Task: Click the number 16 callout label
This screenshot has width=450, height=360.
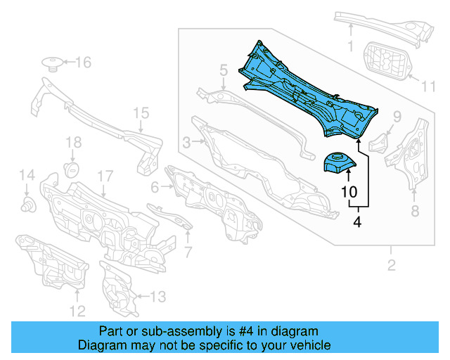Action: [83, 63]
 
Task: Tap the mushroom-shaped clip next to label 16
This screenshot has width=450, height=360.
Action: [52, 64]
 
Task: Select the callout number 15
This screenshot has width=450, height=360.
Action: [141, 112]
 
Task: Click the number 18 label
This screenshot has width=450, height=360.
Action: [74, 143]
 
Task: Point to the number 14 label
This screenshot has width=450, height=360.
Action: [26, 175]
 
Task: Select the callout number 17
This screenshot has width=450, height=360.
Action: [105, 175]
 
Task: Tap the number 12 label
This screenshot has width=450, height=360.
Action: [77, 310]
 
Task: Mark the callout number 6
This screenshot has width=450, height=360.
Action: [155, 186]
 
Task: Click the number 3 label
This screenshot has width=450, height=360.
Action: [186, 143]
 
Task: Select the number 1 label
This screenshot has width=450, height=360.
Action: [350, 47]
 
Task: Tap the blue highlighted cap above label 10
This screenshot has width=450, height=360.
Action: [338, 162]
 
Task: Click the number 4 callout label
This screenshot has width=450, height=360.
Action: [357, 222]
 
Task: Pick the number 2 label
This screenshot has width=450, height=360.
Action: [392, 265]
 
